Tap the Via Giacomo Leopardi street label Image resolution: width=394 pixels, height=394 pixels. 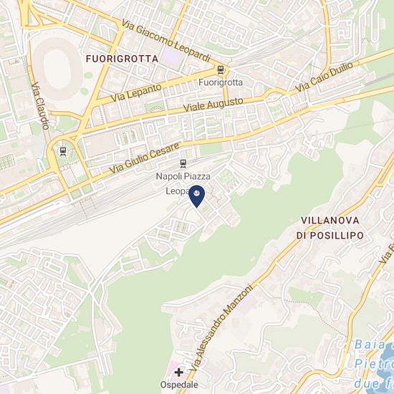point(165,40)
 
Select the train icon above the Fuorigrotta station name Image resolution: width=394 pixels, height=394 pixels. point(220,70)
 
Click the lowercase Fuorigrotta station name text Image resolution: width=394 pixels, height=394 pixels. point(220,82)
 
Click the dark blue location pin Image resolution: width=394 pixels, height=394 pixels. point(196,195)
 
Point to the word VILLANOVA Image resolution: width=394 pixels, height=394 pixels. point(330,221)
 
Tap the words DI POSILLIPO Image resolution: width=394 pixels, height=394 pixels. point(330,235)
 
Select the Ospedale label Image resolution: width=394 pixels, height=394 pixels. point(178,385)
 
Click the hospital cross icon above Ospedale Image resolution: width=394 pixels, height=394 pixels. point(178,373)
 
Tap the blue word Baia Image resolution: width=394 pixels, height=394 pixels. point(370,345)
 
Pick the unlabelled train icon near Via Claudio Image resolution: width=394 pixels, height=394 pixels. point(62,151)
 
